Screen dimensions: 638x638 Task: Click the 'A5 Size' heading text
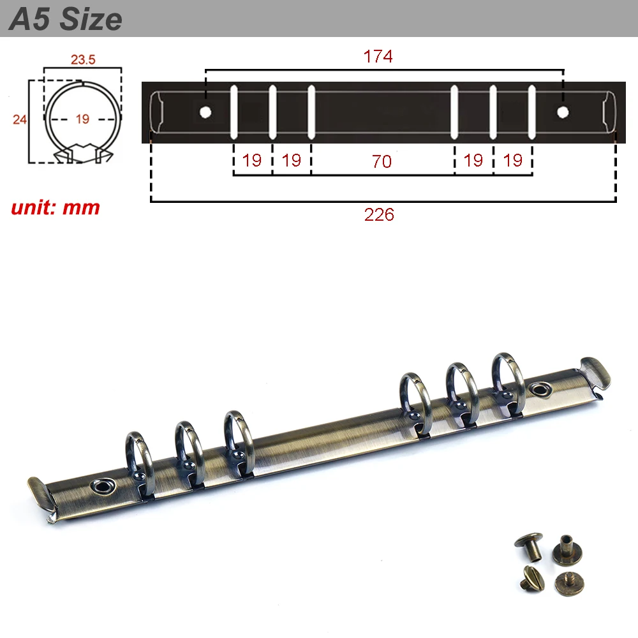(x=65, y=19)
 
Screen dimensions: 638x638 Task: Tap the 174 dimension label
(x=378, y=57)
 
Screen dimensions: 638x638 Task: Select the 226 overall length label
(x=379, y=214)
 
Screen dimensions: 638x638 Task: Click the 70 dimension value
(x=382, y=161)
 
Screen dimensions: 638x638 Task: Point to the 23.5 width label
(x=83, y=59)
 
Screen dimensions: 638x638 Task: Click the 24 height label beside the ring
(x=20, y=119)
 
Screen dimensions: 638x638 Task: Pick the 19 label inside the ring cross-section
(x=82, y=119)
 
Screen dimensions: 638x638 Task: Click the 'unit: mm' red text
(x=56, y=208)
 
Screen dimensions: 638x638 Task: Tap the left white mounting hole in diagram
(x=205, y=112)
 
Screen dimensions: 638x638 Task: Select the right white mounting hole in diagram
(x=563, y=112)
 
